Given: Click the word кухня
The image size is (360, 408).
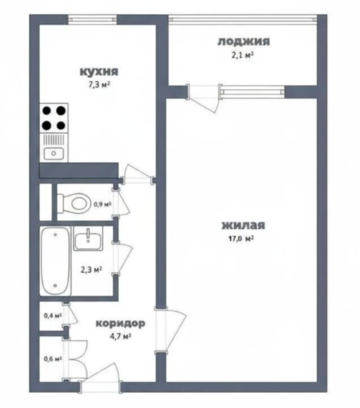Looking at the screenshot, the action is [99, 71].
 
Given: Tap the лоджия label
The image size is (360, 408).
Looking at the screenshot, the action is [244, 42].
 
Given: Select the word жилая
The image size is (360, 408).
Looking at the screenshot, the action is [243, 226].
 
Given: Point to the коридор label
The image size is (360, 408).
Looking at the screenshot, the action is [120, 323].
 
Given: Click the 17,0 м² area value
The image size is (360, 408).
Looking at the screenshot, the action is [243, 238].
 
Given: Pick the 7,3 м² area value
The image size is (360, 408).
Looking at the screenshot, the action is [99, 85].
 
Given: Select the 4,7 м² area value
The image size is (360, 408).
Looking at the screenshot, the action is [120, 336].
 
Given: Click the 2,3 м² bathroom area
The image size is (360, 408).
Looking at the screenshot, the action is [91, 269].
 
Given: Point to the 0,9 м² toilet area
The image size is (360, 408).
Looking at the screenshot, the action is [102, 204].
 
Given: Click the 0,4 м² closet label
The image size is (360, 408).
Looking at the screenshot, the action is [53, 315].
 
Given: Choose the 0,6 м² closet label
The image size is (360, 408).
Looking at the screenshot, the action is [53, 359].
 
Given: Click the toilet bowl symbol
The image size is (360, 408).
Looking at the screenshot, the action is [74, 202].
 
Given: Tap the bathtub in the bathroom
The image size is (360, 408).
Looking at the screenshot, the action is [55, 261].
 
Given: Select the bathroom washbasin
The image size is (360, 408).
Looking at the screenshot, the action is [88, 239].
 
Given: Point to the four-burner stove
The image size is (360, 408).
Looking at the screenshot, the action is [54, 118].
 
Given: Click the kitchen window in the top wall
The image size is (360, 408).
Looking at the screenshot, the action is [93, 19].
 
